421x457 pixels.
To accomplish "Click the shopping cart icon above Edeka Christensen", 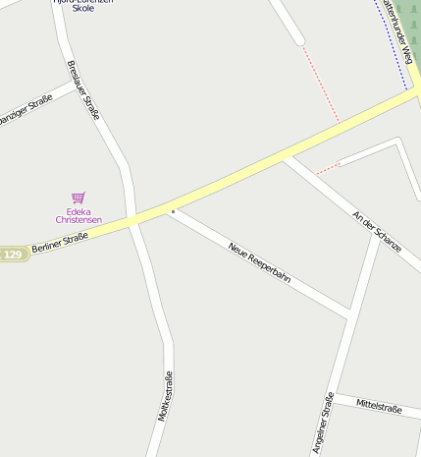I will [79, 198].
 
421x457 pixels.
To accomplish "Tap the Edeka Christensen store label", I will [79, 215].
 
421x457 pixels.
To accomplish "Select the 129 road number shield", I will [12, 255].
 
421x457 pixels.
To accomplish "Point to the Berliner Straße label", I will [60, 242].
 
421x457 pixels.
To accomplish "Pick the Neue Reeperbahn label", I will [259, 262].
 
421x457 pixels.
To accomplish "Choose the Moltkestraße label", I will [165, 396].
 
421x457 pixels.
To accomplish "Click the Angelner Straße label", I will [323, 424].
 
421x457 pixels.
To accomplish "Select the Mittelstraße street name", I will [379, 405].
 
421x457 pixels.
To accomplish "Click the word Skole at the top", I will [83, 8].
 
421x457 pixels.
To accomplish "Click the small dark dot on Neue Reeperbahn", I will [173, 210].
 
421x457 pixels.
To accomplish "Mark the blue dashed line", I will [393, 39].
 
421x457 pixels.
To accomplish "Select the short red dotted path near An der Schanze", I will [327, 168].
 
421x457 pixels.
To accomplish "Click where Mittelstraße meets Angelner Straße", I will [335, 395].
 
